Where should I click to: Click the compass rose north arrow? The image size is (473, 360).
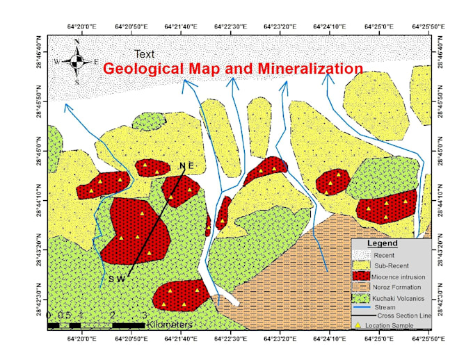coord(77,62)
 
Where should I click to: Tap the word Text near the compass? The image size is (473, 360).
coord(145,54)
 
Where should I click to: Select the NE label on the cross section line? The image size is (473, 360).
coord(185,165)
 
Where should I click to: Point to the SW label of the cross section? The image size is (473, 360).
coord(116,279)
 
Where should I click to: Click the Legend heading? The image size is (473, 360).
coord(382,244)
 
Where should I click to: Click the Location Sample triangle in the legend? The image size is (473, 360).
coord(359,325)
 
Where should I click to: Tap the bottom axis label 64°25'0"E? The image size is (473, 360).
coord(376,338)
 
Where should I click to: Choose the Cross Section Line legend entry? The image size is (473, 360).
coord(403,316)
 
